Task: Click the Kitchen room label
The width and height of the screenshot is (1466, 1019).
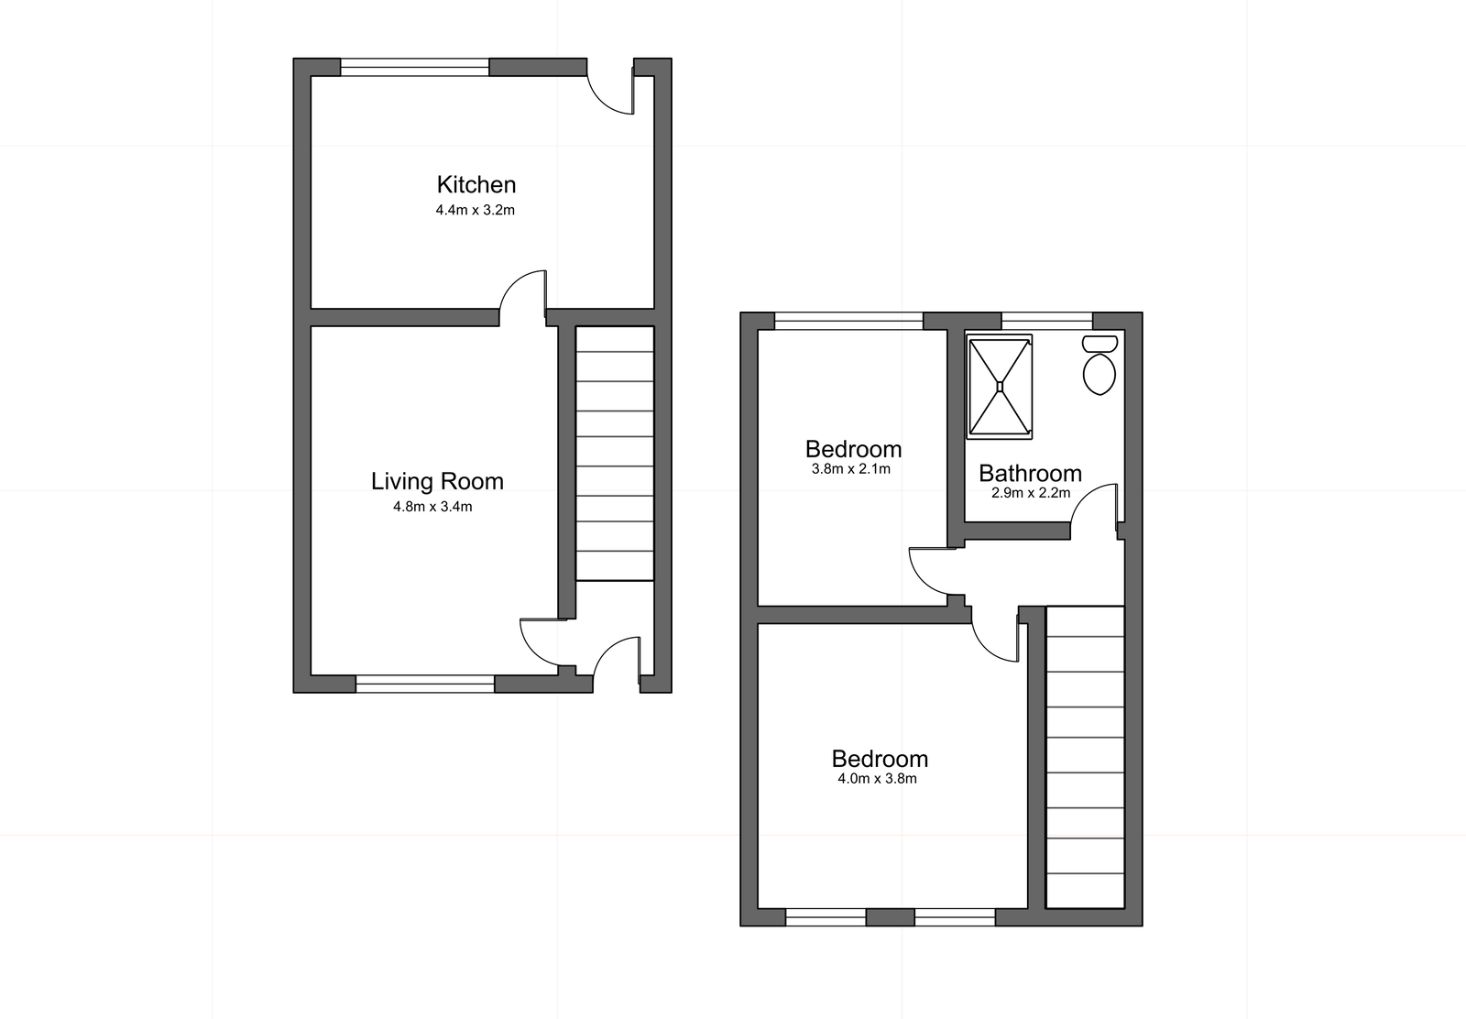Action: coord(476,185)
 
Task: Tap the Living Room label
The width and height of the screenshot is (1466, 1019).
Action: coord(437,481)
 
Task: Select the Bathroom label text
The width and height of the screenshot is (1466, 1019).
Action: coord(1030,473)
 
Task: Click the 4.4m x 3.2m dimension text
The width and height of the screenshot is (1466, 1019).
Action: coord(476,210)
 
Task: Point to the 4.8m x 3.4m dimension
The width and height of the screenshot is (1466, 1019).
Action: coord(432,507)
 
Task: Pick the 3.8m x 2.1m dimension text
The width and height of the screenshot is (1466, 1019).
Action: coord(851,469)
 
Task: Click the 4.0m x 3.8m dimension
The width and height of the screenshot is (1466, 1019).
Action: coord(877,779)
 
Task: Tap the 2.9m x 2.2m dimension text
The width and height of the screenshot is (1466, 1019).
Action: coord(1030,493)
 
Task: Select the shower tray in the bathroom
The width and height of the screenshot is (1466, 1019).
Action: coord(1000,387)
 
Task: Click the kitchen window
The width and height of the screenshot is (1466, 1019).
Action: coord(415,67)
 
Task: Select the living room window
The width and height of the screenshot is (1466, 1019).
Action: coord(425,683)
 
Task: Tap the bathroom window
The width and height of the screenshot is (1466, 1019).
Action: coord(1047,321)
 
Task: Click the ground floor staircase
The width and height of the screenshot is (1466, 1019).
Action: coord(615,454)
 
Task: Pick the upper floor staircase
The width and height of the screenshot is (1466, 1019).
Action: coord(1085,756)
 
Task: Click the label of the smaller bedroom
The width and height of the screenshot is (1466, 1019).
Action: coord(853,449)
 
